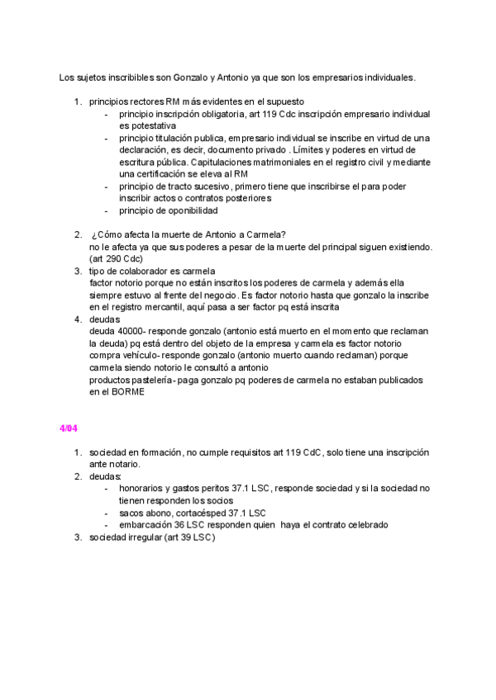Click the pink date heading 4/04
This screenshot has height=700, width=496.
click(x=68, y=427)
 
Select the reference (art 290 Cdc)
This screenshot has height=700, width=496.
click(x=116, y=258)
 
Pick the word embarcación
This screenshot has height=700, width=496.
click(x=147, y=524)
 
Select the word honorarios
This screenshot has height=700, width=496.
click(x=142, y=488)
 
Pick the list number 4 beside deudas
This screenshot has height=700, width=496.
click(x=77, y=319)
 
